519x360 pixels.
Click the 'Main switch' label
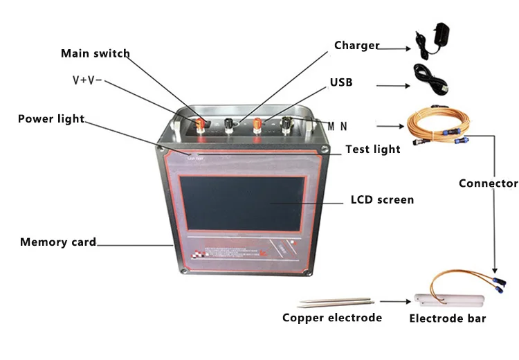pyautogui.click(x=95, y=53)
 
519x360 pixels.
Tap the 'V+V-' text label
pyautogui.click(x=87, y=80)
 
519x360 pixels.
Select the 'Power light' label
pyautogui.click(x=51, y=118)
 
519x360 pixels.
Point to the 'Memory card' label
pyautogui.click(x=57, y=242)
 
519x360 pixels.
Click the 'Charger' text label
pyautogui.click(x=356, y=46)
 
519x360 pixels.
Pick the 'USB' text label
pyautogui.click(x=341, y=82)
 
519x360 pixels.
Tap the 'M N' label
pyautogui.click(x=338, y=126)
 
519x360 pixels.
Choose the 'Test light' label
pyautogui.click(x=372, y=149)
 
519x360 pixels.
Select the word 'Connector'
pyautogui.click(x=488, y=183)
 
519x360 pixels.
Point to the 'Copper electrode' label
pyautogui.click(x=331, y=318)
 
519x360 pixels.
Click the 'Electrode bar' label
pyautogui.click(x=447, y=318)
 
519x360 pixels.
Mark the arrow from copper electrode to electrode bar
pyautogui.click(x=393, y=302)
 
